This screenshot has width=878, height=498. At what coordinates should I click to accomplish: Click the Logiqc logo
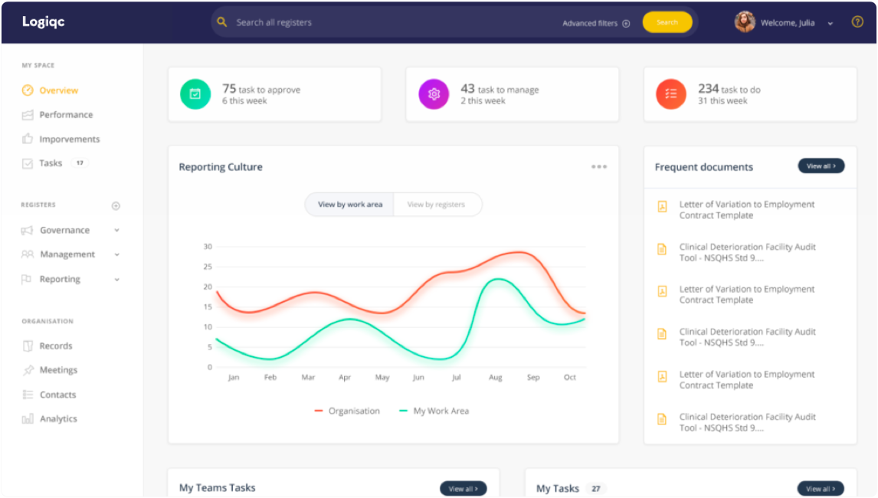(x=44, y=22)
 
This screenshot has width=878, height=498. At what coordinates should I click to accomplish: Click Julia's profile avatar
(x=745, y=22)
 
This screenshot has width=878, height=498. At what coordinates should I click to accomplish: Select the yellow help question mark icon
(x=857, y=22)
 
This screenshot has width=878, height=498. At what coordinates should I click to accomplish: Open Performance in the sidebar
(x=66, y=115)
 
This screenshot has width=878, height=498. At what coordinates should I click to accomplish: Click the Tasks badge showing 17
(x=80, y=163)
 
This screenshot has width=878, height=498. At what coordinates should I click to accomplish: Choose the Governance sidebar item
(x=64, y=231)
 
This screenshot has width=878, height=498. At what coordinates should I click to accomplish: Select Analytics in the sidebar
(x=58, y=419)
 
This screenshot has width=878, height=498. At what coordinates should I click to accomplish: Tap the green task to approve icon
(x=195, y=94)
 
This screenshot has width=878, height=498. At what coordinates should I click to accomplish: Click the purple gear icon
(x=434, y=94)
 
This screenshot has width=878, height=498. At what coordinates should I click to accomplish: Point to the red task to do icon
(x=671, y=94)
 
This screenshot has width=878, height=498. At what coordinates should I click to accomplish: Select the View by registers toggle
(x=436, y=205)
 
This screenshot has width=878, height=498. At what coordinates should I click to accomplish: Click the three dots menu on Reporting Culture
(x=599, y=167)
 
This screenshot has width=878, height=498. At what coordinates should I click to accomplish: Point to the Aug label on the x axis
(x=495, y=378)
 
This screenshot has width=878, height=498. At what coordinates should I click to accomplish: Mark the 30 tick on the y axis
(x=208, y=247)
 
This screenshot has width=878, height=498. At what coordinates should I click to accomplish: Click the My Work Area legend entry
(x=434, y=411)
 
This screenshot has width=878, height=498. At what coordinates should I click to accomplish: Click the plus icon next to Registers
(x=116, y=206)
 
